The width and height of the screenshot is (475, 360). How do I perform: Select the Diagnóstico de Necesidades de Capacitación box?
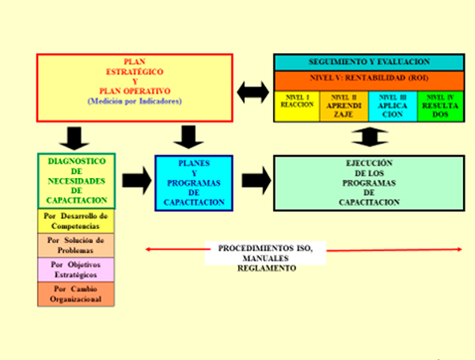tap(77, 181)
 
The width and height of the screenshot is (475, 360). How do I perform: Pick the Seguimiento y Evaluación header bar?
tap(369, 62)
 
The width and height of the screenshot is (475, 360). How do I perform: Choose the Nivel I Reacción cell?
tap(297, 106)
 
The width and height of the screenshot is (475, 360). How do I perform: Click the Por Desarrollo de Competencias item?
tap(77, 221)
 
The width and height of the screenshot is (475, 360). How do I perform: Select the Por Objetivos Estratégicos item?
tap(77, 270)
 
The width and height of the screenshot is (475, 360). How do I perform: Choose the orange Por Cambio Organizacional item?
tap(77, 294)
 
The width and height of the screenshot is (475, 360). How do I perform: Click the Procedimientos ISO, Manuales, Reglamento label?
tap(266, 258)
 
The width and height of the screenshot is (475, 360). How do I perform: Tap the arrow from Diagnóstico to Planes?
tap(135, 180)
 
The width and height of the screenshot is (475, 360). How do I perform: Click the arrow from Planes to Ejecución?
tap(253, 180)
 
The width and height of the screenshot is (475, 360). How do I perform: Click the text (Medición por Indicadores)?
tap(135, 101)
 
